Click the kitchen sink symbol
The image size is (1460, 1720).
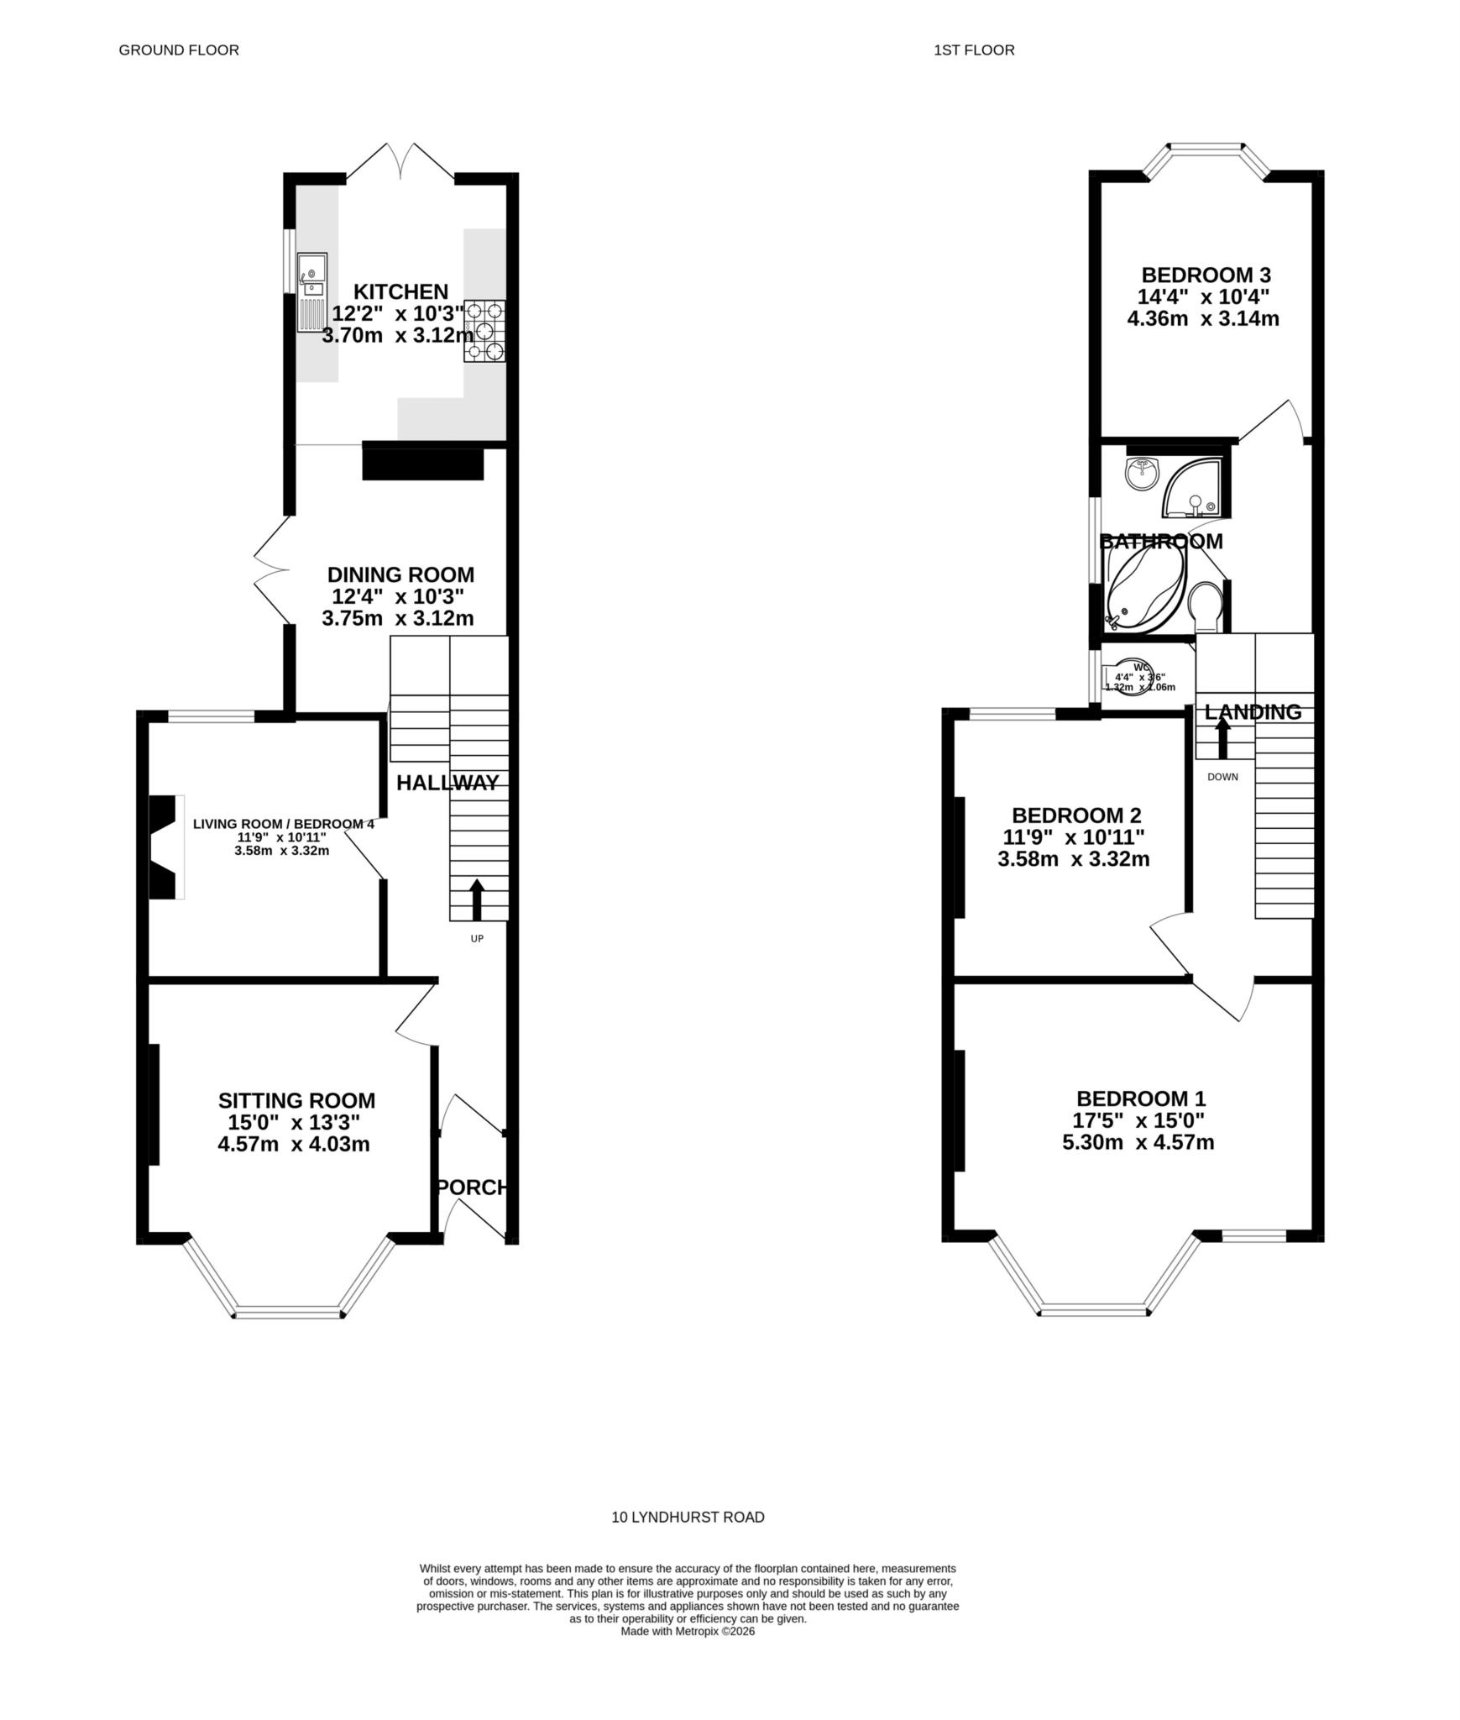311,291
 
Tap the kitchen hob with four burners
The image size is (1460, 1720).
484,331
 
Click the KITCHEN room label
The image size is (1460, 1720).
400,291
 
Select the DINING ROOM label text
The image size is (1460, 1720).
400,574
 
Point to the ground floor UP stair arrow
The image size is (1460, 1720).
476,899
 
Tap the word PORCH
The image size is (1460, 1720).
473,1187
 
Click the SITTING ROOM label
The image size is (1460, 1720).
296,1100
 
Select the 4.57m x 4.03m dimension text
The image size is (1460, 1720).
293,1144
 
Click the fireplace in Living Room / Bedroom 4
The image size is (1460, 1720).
165,847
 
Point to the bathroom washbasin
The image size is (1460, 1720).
1142,473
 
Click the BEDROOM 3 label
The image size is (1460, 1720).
1205,275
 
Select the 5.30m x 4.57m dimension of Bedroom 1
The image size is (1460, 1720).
1138,1142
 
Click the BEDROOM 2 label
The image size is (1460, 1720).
1075,815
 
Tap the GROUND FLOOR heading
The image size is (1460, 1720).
179,50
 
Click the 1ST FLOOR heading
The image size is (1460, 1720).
974,50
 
